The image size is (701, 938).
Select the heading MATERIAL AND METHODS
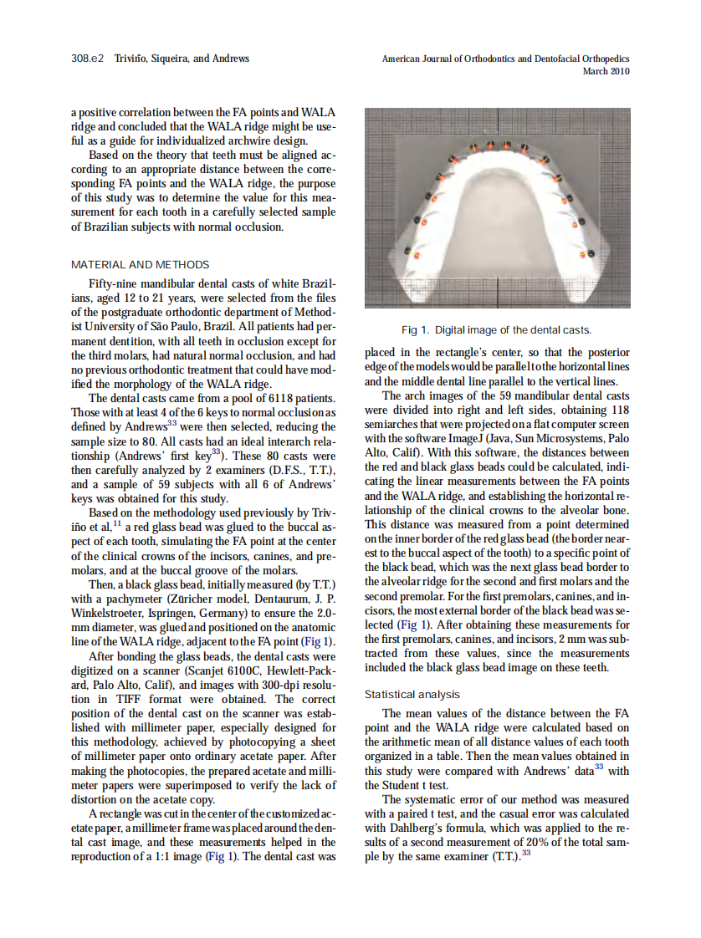125,264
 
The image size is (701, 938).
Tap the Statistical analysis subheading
412,694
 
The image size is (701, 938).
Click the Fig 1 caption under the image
497,329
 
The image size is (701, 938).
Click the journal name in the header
505,59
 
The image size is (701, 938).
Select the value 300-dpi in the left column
292,685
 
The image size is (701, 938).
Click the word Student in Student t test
398,784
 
